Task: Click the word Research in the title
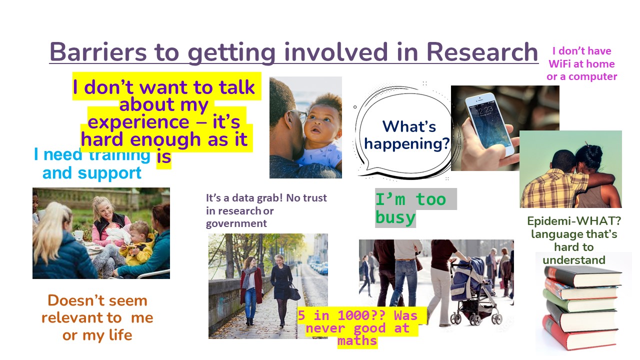click(x=482, y=52)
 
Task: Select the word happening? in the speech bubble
click(x=407, y=143)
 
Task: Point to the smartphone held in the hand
click(x=489, y=124)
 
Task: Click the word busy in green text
click(x=395, y=217)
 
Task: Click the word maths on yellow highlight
click(x=357, y=341)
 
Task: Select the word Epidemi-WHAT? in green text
click(x=574, y=221)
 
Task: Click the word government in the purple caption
click(x=236, y=223)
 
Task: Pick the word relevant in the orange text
click(x=81, y=317)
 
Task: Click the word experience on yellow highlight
click(x=138, y=122)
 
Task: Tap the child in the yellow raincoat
click(x=138, y=244)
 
